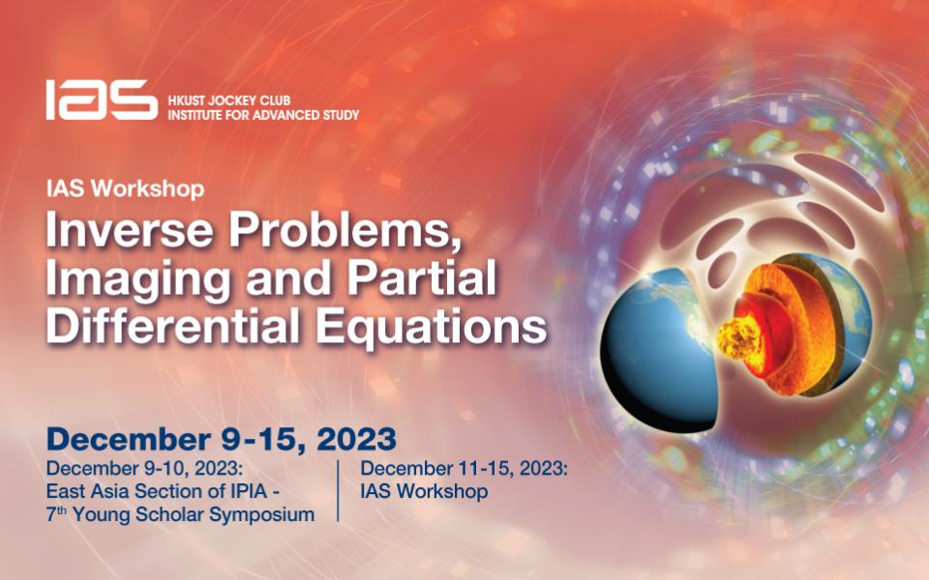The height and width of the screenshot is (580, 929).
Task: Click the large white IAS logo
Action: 101,100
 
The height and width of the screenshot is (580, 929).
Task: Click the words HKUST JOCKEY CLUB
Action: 227,101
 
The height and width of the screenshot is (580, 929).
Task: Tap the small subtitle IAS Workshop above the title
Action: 126,188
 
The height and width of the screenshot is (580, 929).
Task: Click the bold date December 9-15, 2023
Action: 221,438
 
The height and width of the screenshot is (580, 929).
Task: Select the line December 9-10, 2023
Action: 143,469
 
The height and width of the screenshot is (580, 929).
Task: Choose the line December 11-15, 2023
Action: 464,469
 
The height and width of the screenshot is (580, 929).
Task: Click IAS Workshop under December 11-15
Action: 424,491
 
